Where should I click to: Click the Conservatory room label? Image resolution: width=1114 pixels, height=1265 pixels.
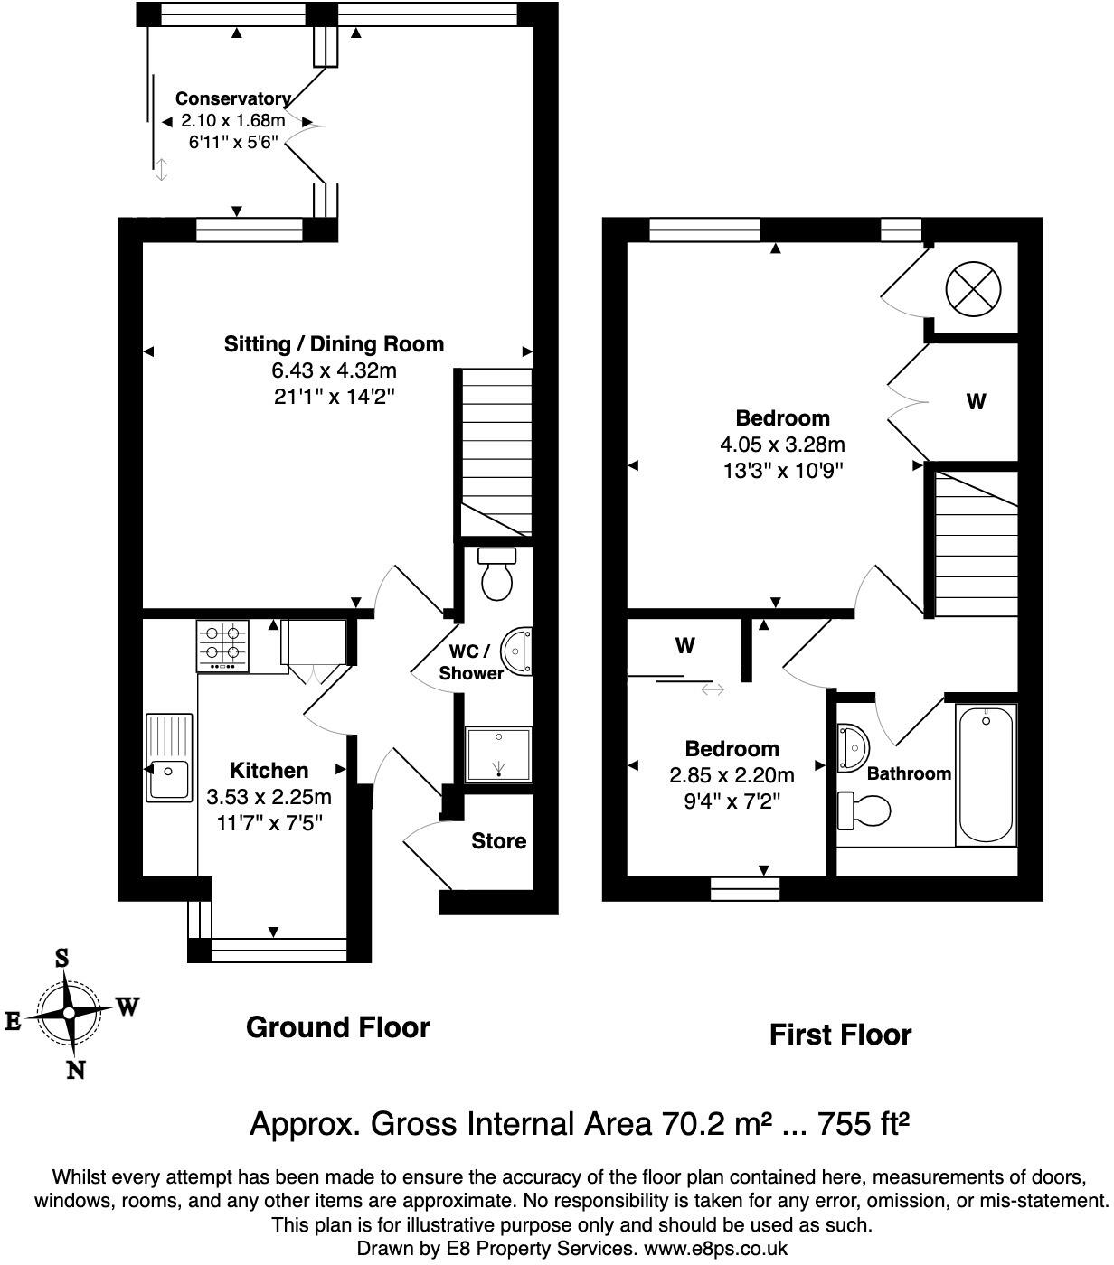point(232,98)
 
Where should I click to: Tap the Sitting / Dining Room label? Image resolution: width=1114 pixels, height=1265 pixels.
point(334,343)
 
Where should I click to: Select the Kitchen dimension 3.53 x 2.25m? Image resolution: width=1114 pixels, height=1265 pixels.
point(269,797)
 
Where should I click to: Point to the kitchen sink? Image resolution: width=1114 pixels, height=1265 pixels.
point(168,757)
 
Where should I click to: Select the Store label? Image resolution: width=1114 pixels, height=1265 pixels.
point(498,841)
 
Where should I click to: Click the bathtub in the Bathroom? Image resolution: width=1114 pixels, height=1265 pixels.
point(986,774)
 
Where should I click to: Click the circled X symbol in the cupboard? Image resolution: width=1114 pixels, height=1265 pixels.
point(973,290)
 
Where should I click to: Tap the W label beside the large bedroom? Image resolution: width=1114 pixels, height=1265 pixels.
point(976,401)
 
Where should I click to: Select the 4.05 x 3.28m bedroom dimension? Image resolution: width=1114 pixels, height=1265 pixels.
point(782,445)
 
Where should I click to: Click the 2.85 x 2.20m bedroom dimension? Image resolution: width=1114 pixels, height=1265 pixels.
point(732,775)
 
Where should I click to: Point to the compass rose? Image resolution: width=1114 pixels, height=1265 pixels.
point(69,1013)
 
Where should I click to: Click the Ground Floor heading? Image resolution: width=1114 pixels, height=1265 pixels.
point(337,1027)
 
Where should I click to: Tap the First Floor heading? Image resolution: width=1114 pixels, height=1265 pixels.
point(840,1035)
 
